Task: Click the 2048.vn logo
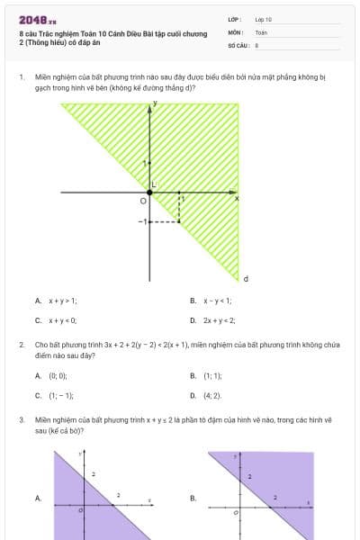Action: coord(37,19)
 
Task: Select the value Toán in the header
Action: coord(261,31)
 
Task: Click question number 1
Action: coord(21,77)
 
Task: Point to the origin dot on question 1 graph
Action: coord(149,193)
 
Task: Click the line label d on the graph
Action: coord(246,278)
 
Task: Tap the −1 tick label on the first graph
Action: coord(141,220)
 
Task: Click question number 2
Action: coord(21,345)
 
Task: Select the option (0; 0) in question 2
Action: coord(58,375)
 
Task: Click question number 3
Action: coord(21,419)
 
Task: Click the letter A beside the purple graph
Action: coord(38,497)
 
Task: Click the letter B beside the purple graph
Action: coord(193,497)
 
